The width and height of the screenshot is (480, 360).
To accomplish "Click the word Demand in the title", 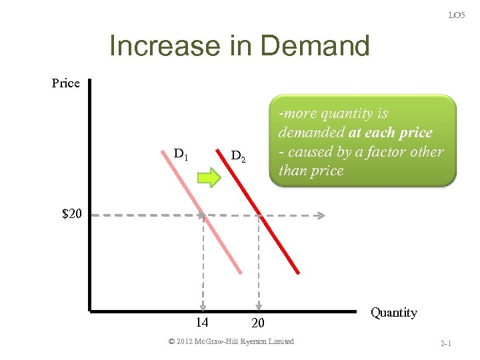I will [315, 47].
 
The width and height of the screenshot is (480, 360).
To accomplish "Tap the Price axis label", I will [65, 83].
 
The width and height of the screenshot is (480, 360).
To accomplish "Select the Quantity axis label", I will [393, 313].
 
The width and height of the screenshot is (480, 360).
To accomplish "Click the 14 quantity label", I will [202, 323].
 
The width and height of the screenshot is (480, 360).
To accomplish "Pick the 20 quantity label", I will [258, 323].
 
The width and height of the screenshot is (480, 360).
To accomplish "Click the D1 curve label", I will [181, 154].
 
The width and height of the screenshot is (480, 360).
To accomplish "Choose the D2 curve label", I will [238, 157].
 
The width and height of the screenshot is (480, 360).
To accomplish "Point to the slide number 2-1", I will [446, 344].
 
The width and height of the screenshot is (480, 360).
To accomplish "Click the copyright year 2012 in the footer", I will [188, 341].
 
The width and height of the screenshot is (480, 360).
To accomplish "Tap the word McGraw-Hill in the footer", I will [221, 341].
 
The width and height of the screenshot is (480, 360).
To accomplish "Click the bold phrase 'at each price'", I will [390, 133].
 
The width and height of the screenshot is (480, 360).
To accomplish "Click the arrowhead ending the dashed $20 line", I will [321, 215].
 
